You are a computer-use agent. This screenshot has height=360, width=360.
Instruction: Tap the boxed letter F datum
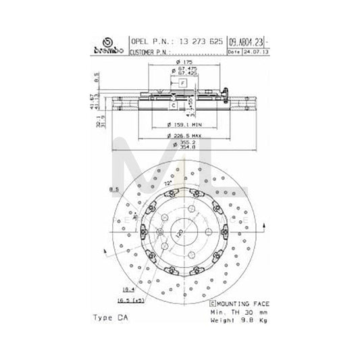[x=182, y=82]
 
